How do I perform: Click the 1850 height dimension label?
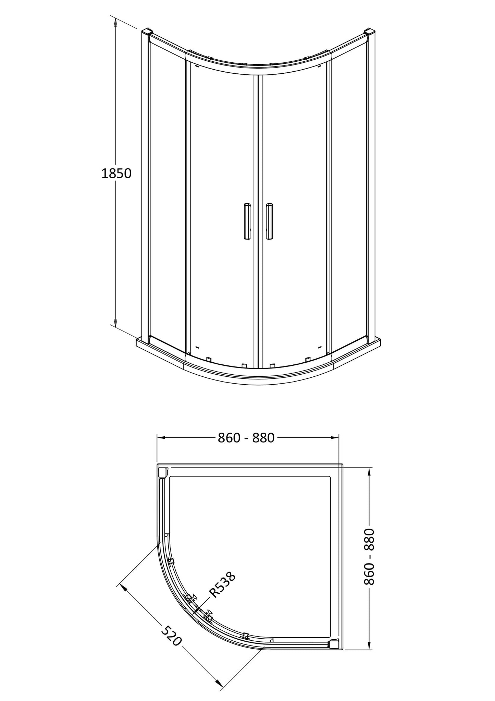click(116, 174)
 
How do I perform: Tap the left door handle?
click(247, 221)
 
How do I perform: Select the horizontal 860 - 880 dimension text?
click(246, 438)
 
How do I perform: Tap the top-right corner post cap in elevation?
click(370, 31)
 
